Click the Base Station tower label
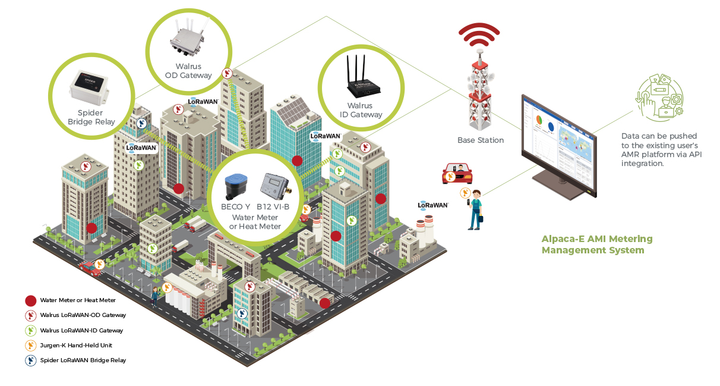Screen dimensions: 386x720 (480, 140)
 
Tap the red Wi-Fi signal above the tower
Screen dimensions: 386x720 (478, 36)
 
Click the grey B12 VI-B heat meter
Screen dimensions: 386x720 (275, 186)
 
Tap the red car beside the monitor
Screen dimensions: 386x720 (457, 174)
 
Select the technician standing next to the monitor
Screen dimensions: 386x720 (475, 211)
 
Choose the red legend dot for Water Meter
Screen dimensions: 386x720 (31, 300)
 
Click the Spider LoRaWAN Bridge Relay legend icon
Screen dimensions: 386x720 (31, 360)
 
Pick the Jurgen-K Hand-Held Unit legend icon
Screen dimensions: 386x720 (31, 345)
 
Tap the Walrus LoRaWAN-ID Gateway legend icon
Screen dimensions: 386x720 (31, 330)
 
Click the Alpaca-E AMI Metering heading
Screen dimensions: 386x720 (596, 244)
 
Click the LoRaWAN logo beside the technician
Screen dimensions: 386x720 (432, 205)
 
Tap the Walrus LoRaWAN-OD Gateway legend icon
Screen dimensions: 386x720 (31, 315)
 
